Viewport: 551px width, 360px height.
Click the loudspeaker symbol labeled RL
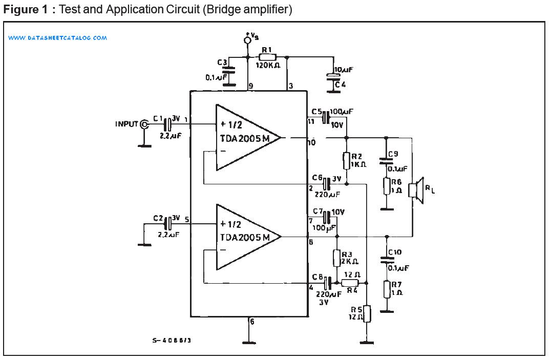[x=415, y=190]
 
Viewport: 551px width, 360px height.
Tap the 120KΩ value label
[x=267, y=67]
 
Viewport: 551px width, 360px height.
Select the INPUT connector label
[x=127, y=124]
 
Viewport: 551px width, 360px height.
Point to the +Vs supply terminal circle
[x=248, y=40]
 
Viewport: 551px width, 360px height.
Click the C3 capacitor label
[x=222, y=62]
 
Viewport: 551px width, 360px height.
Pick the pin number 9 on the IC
[x=251, y=86]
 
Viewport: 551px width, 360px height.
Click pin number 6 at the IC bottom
[x=251, y=322]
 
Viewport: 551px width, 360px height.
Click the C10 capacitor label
[x=395, y=252]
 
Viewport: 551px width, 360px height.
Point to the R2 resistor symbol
[x=347, y=160]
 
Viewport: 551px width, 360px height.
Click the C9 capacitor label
[x=393, y=154]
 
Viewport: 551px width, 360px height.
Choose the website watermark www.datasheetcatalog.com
[x=57, y=38]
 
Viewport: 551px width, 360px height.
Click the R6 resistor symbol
[x=387, y=186]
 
